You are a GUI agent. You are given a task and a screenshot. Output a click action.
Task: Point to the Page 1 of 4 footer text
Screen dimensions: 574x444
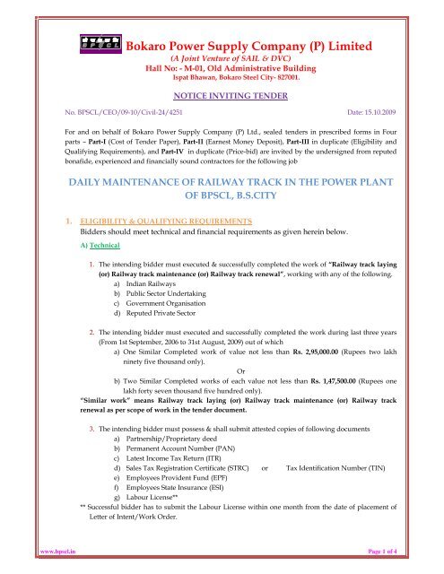tap(414, 566)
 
